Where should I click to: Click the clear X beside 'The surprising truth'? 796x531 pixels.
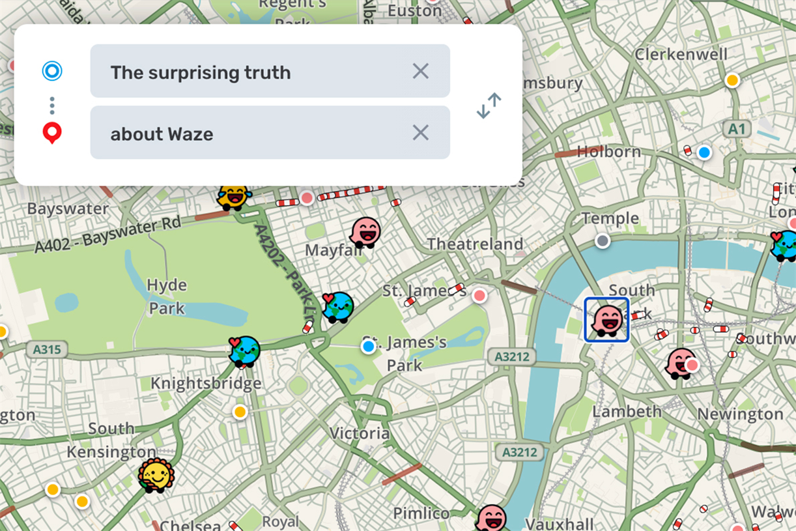coord(421,72)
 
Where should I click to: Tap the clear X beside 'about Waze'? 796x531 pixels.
coord(421,133)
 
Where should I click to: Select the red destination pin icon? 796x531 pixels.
coord(52,133)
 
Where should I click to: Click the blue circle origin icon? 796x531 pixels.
coord(52,71)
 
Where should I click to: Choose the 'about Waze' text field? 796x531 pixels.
coord(261,133)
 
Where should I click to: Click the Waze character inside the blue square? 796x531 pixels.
coord(606,320)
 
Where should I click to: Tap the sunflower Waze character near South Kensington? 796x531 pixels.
coord(156,475)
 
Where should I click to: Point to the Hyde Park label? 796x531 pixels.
coord(167,296)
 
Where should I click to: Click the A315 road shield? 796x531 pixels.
coord(47,350)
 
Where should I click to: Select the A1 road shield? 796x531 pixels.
coord(736,129)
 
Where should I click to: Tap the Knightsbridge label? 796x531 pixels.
coord(206,383)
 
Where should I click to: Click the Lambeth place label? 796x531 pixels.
coord(627,411)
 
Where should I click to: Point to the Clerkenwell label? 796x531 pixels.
coord(681,54)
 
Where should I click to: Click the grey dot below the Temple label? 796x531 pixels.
coord(603,241)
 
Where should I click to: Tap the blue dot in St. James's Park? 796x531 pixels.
coord(369,347)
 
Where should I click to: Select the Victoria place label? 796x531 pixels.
coord(360,433)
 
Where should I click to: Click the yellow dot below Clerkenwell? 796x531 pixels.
coord(732,80)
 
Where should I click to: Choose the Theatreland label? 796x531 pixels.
coord(475,244)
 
